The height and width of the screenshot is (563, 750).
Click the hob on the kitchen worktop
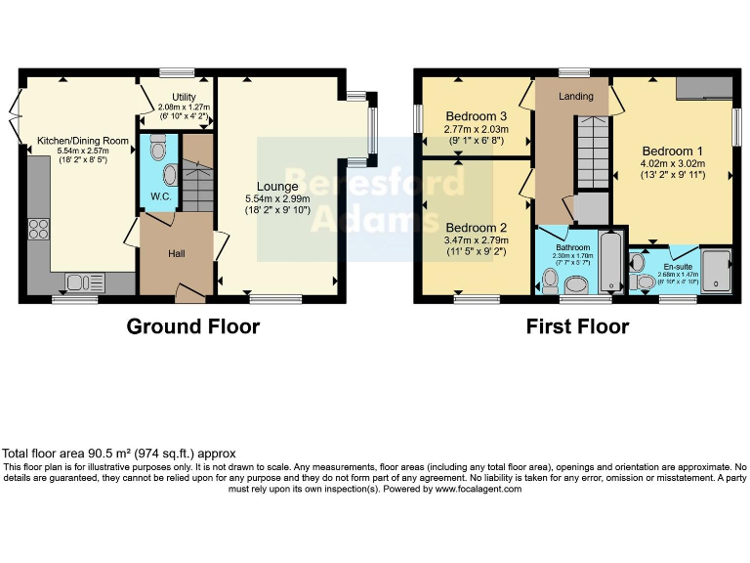point(40,230)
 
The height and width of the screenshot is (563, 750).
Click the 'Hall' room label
point(177,254)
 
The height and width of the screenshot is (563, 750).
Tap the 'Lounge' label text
point(277,186)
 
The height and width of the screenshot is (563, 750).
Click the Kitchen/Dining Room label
point(83,141)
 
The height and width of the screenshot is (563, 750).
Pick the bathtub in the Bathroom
point(609,262)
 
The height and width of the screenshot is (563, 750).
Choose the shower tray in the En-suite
point(716,269)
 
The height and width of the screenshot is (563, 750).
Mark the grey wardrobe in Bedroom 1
point(701,88)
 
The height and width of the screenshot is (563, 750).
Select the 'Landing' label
point(576,97)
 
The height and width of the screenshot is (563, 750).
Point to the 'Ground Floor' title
point(193,326)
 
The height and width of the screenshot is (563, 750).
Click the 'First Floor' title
point(577,326)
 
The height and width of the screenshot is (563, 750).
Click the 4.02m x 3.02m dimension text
point(672,164)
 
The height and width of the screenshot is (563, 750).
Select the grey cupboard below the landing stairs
point(591,208)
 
